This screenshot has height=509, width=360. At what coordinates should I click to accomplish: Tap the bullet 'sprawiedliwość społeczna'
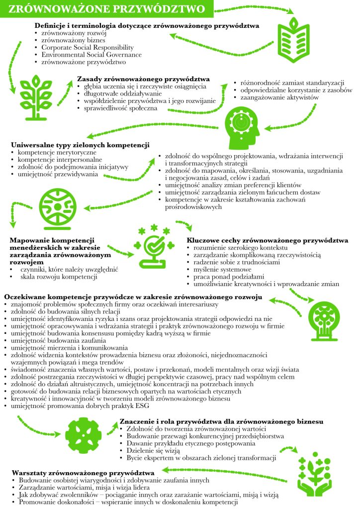(x=117, y=108)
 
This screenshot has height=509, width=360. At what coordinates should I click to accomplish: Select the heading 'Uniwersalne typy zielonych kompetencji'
(x=80, y=145)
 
